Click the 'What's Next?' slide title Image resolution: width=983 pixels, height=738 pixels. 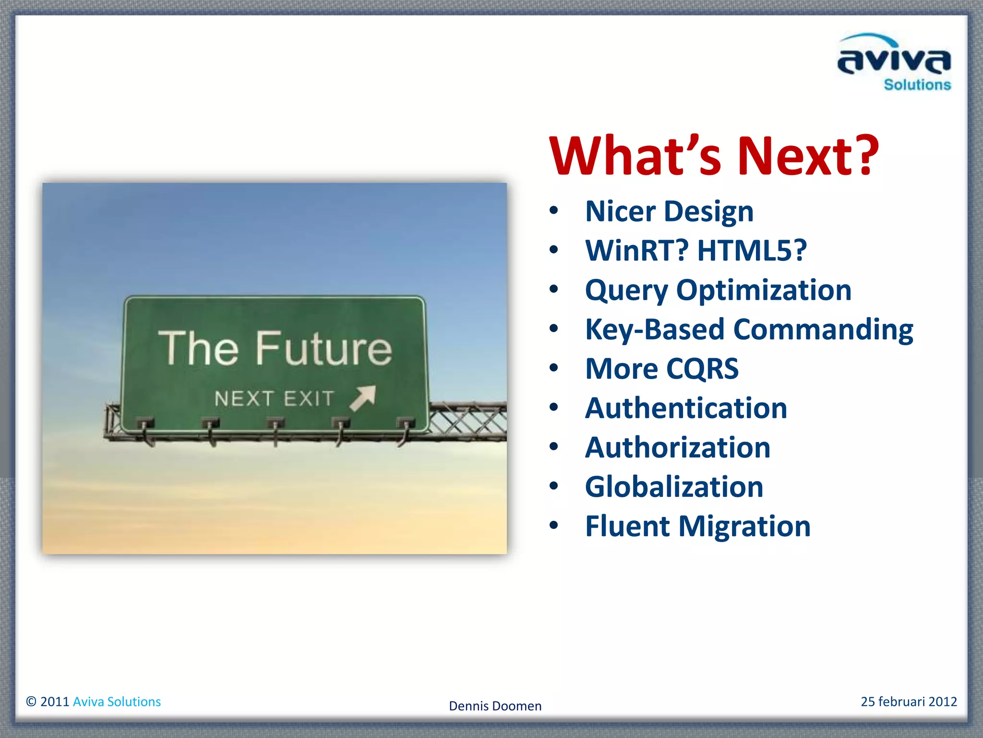pyautogui.click(x=714, y=156)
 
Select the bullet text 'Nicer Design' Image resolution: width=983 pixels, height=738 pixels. pyautogui.click(x=669, y=211)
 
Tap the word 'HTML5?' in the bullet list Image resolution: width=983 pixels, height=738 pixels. pyautogui.click(x=752, y=250)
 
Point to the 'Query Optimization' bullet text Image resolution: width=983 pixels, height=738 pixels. pyautogui.click(x=718, y=290)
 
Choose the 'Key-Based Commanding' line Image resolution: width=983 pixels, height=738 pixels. pyautogui.click(x=749, y=330)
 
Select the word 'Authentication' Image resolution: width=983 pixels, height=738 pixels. pyautogui.click(x=686, y=408)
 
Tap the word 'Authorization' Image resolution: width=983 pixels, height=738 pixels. pyautogui.click(x=677, y=448)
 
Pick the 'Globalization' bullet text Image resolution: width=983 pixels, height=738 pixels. pyautogui.click(x=674, y=487)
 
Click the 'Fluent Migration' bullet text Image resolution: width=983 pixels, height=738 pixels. pyautogui.click(x=697, y=526)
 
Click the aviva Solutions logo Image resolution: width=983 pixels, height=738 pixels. pyautogui.click(x=894, y=62)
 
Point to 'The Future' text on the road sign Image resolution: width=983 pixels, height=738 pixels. pyautogui.click(x=275, y=348)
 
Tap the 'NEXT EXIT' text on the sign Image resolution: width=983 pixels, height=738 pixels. pyautogui.click(x=274, y=399)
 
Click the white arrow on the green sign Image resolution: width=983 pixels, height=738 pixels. pyautogui.click(x=363, y=398)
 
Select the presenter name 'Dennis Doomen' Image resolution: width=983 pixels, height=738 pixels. pyautogui.click(x=495, y=706)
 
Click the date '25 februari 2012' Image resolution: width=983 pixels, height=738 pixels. pyautogui.click(x=909, y=701)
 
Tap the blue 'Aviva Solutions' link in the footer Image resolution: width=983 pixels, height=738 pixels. pyautogui.click(x=117, y=701)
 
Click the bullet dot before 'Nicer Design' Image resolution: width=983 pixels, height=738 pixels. pyautogui.click(x=554, y=210)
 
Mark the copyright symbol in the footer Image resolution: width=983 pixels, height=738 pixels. pyautogui.click(x=31, y=701)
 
